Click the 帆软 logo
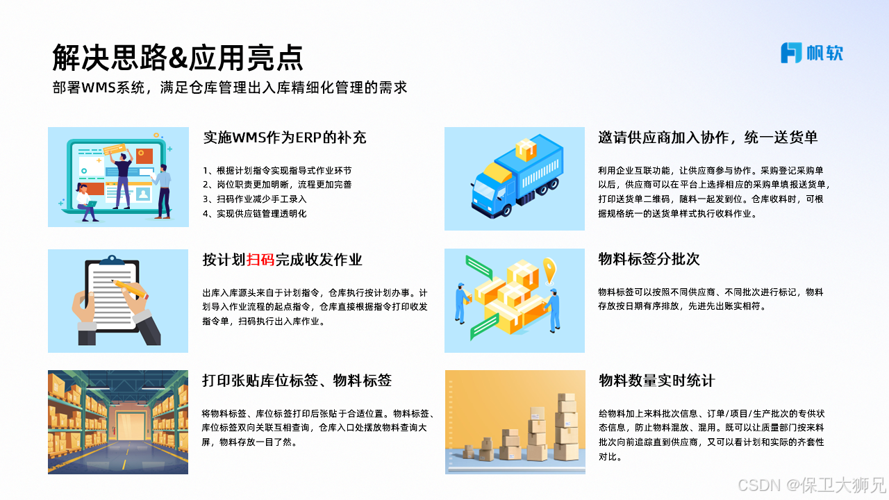click(x=812, y=53)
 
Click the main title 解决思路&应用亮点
click(x=178, y=58)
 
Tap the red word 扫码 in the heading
click(x=260, y=260)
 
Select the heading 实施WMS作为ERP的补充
click(x=285, y=137)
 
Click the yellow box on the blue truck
click(x=526, y=149)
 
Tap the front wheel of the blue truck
click(x=505, y=209)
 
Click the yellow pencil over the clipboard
click(x=130, y=289)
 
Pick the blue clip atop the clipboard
click(x=112, y=260)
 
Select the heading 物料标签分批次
click(x=649, y=259)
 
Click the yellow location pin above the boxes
click(x=549, y=270)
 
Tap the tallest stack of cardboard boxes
click(x=566, y=426)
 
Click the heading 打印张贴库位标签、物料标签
click(x=297, y=380)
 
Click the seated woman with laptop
click(x=87, y=202)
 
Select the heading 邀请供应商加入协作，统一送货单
click(x=708, y=137)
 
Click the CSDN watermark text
click(x=812, y=485)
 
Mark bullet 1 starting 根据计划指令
click(x=277, y=170)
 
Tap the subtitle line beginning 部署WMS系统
click(x=230, y=87)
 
